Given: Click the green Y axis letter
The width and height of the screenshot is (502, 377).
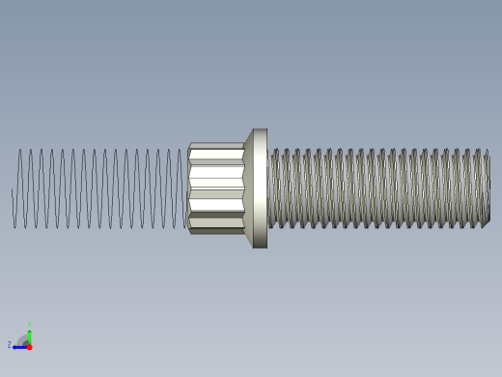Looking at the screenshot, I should [29, 325].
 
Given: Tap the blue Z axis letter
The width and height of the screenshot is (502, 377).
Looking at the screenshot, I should [10, 344].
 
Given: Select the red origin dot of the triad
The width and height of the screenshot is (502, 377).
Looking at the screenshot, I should [29, 346].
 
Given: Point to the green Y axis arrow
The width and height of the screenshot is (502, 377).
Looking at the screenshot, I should [29, 334].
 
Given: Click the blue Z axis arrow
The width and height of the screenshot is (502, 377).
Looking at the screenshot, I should [18, 346].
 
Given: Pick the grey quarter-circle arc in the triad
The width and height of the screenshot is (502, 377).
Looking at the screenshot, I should [23, 339].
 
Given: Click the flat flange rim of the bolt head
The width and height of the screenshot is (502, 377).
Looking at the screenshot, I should [260, 188].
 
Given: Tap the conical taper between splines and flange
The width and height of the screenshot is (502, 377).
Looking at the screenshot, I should [248, 188].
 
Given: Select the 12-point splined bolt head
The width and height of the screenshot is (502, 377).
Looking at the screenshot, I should [215, 188].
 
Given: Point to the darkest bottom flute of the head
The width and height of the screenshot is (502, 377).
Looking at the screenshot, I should [215, 230].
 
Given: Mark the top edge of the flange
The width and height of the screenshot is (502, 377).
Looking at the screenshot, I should [260, 130].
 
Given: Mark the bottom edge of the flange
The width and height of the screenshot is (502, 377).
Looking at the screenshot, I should [260, 246].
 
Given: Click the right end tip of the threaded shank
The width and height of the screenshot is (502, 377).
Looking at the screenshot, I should [488, 188].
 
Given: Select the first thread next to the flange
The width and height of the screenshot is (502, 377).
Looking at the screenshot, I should [273, 188].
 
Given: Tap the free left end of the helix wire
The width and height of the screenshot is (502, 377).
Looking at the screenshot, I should [13, 193].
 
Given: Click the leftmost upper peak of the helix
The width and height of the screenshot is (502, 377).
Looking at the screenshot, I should [19, 150].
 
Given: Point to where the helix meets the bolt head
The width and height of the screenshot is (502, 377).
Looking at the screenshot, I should [186, 188].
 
